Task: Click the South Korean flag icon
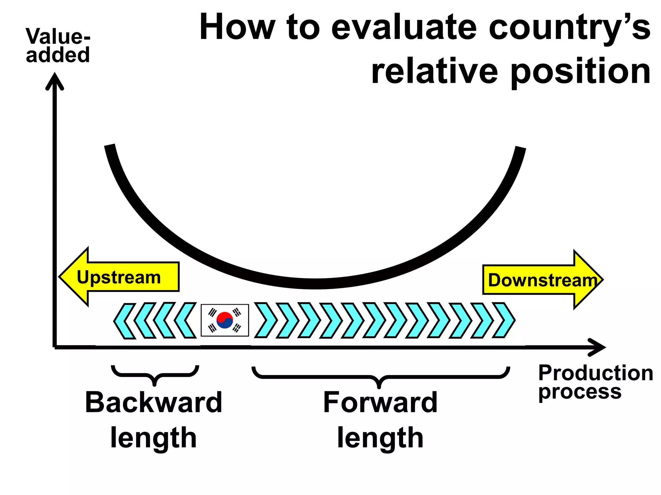pos(225,320)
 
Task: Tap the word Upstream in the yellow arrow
pos(119,277)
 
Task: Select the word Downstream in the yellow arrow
pos(542,280)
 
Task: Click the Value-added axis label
pos(58,45)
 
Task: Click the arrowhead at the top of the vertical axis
pos(55,81)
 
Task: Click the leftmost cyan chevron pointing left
pos(124,321)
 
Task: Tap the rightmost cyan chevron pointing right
pos(504,320)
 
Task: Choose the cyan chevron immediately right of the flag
pos(265,320)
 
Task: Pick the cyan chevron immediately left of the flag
pos(186,320)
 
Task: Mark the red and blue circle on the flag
pos(225,320)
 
